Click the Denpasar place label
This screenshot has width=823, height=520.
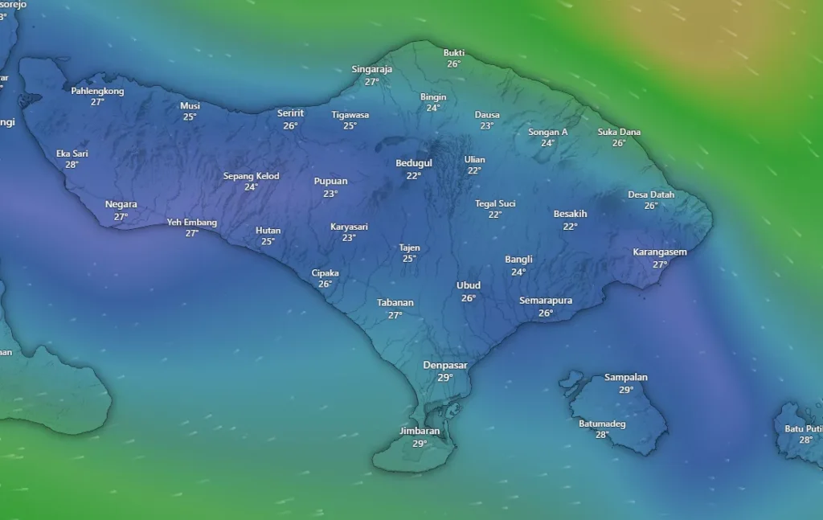click(x=445, y=365)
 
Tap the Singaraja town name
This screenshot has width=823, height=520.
click(x=372, y=69)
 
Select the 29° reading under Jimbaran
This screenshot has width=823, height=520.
click(x=420, y=443)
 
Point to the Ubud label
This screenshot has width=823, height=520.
click(x=469, y=285)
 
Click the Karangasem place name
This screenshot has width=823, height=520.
click(x=660, y=252)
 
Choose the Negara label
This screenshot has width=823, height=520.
click(x=121, y=204)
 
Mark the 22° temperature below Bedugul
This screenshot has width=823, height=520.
click(x=414, y=175)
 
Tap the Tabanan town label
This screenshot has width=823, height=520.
click(x=395, y=302)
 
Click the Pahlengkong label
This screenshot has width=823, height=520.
click(x=97, y=91)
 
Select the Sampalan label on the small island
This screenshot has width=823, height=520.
click(x=626, y=377)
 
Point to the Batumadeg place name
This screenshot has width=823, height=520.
click(x=602, y=424)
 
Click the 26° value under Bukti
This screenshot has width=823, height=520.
click(x=454, y=64)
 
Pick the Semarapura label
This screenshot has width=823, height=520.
click(x=546, y=301)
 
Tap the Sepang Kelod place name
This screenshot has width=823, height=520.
click(x=252, y=176)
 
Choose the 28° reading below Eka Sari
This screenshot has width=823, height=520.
click(x=72, y=165)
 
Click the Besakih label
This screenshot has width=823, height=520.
click(x=571, y=214)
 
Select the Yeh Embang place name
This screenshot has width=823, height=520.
click(x=192, y=222)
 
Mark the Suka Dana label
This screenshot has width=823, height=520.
click(x=619, y=132)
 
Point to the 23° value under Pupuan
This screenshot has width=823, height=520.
click(x=330, y=193)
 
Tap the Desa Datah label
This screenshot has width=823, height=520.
click(x=651, y=194)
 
